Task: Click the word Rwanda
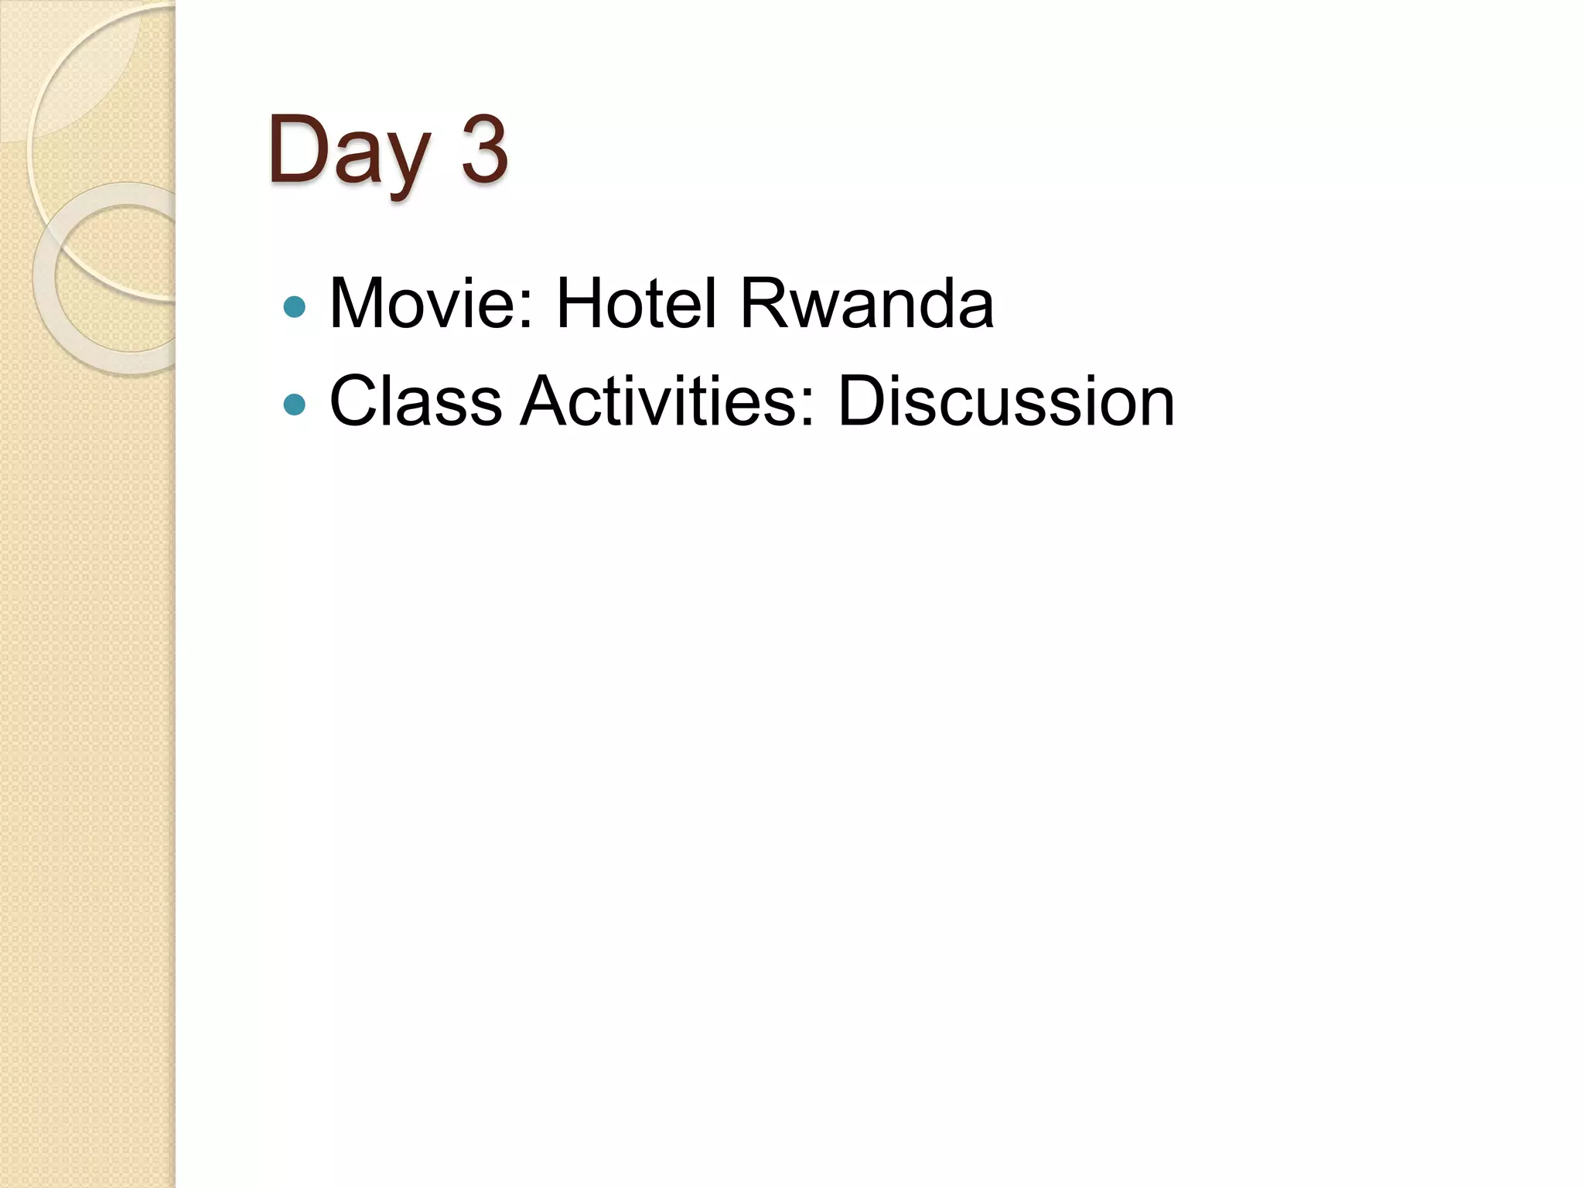(866, 303)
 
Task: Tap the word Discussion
(1005, 401)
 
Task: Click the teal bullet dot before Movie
(295, 307)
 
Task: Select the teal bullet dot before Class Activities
(295, 405)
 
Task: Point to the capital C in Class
(357, 401)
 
